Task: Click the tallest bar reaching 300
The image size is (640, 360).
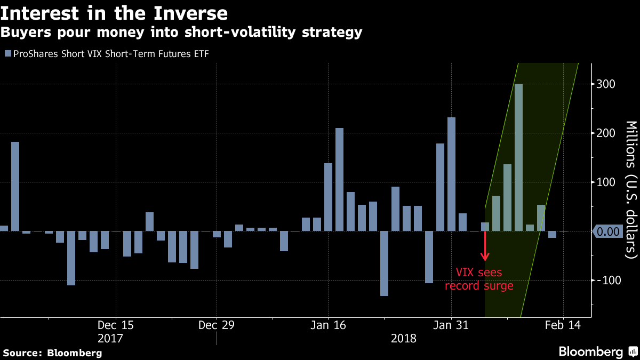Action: (x=518, y=157)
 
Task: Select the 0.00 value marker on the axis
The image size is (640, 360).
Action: (x=607, y=231)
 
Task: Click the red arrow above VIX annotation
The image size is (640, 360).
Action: (x=485, y=246)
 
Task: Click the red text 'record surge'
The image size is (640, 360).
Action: (x=479, y=286)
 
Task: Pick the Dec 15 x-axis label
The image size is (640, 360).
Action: (x=116, y=325)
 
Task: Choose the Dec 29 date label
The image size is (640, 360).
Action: (x=216, y=325)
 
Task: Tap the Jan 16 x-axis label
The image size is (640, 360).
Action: (x=328, y=325)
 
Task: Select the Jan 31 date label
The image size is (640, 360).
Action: (x=451, y=325)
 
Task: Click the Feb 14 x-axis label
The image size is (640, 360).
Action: (x=563, y=325)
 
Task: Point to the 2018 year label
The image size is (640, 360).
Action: (x=404, y=338)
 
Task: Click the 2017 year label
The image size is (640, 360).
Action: (x=110, y=338)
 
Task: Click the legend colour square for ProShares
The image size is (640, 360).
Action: (x=7, y=53)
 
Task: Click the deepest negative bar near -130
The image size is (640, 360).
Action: (x=384, y=263)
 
